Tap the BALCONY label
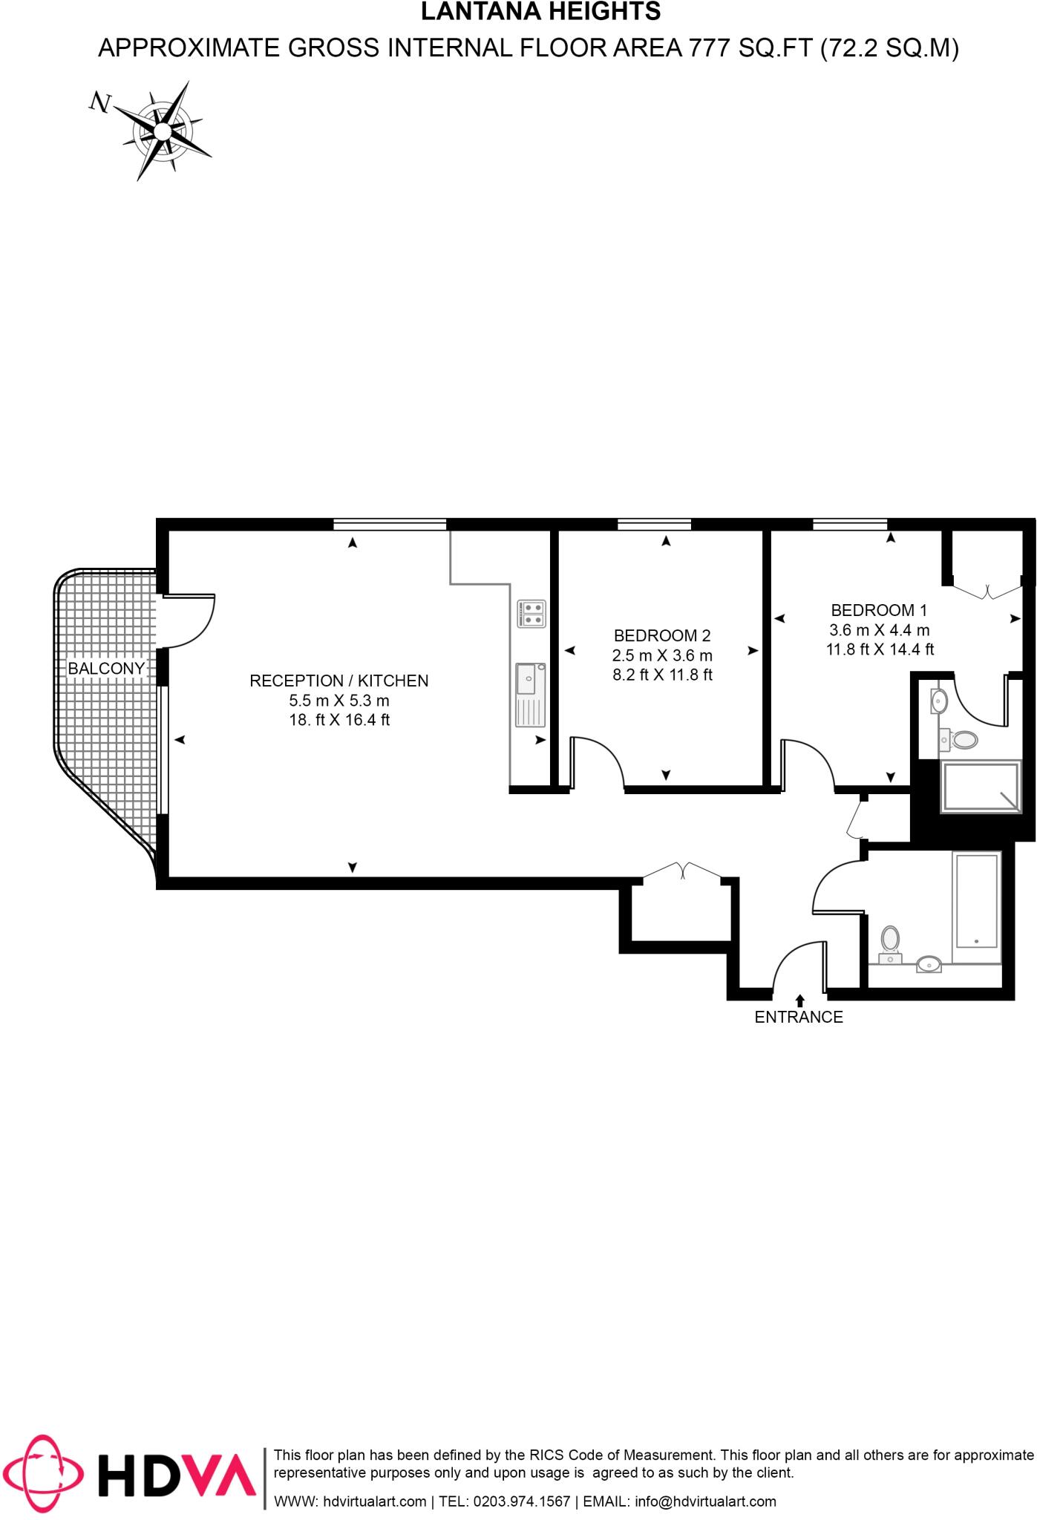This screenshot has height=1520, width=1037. pos(106,669)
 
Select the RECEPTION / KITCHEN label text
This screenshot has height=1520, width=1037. pos(338,681)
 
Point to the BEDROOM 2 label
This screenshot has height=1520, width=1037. pos(662,635)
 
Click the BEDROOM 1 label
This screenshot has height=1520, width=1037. pos(879,610)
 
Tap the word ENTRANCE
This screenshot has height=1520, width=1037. pos(799,1018)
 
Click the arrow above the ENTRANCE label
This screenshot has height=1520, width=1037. pos(799,1000)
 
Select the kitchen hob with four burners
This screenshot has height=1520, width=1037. pos(532,614)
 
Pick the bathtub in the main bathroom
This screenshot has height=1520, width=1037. pos(976,900)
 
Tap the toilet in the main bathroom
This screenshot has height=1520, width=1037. pos(890,941)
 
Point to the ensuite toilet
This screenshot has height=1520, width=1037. pos(962,739)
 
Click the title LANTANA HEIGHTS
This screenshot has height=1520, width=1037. pos(540,11)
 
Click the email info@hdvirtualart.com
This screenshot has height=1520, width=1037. pos(706,1501)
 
